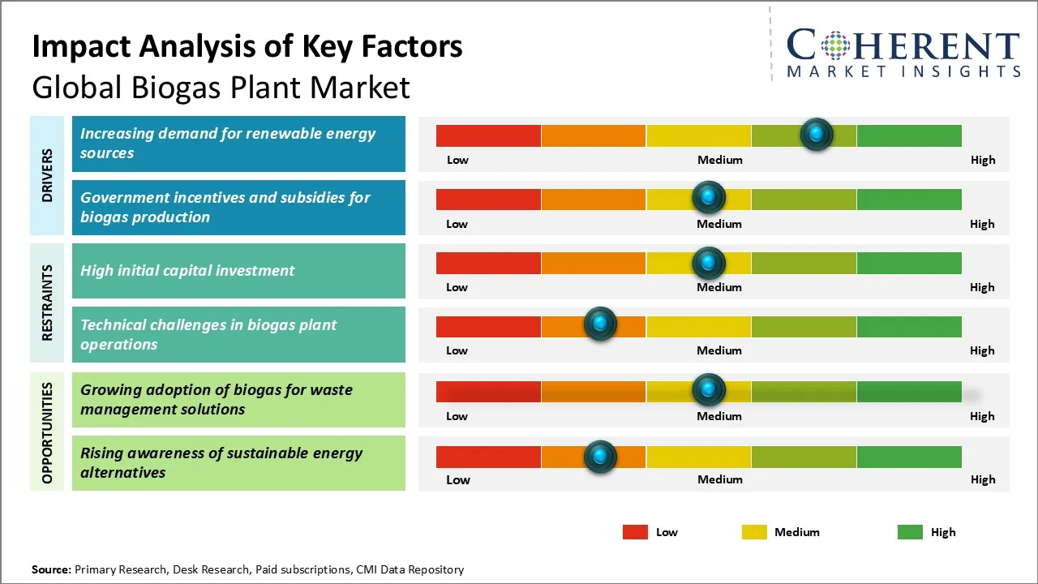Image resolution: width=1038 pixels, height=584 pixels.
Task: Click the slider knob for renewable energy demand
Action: pyautogui.click(x=816, y=134)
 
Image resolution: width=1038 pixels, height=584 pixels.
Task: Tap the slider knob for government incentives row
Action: pyautogui.click(x=709, y=197)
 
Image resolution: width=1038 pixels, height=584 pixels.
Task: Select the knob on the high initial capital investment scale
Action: pyautogui.click(x=709, y=263)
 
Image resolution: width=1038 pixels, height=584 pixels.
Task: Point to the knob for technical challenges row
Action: pyautogui.click(x=600, y=324)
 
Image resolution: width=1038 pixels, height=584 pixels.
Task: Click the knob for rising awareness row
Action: pyautogui.click(x=600, y=457)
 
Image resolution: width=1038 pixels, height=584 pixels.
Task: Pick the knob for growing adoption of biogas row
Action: pyautogui.click(x=709, y=390)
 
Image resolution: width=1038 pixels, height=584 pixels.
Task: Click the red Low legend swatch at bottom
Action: pyautogui.click(x=635, y=532)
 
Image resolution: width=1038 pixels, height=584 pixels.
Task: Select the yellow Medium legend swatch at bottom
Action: pyautogui.click(x=754, y=532)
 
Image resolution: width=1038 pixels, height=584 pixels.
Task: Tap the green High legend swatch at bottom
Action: pyautogui.click(x=910, y=532)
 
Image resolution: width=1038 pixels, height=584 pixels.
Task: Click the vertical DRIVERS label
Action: pyautogui.click(x=47, y=175)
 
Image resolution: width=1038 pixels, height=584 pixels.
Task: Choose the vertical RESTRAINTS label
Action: pyautogui.click(x=47, y=303)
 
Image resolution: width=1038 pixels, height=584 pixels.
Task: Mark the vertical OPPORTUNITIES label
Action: pyautogui.click(x=47, y=432)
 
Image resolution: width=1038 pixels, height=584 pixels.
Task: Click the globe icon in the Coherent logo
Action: pyautogui.click(x=834, y=45)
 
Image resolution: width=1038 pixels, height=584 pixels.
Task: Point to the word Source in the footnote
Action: pyautogui.click(x=51, y=569)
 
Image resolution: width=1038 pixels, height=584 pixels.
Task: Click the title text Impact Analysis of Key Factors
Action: pyautogui.click(x=247, y=47)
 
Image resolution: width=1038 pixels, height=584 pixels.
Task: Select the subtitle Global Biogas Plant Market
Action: pyautogui.click(x=221, y=88)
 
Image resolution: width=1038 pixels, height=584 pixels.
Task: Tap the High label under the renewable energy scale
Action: pyautogui.click(x=982, y=160)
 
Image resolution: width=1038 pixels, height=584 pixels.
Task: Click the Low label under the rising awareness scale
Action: pyautogui.click(x=457, y=479)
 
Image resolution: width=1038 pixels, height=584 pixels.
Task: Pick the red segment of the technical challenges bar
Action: pyautogui.click(x=488, y=326)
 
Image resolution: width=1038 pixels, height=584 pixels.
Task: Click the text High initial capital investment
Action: pyautogui.click(x=187, y=271)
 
